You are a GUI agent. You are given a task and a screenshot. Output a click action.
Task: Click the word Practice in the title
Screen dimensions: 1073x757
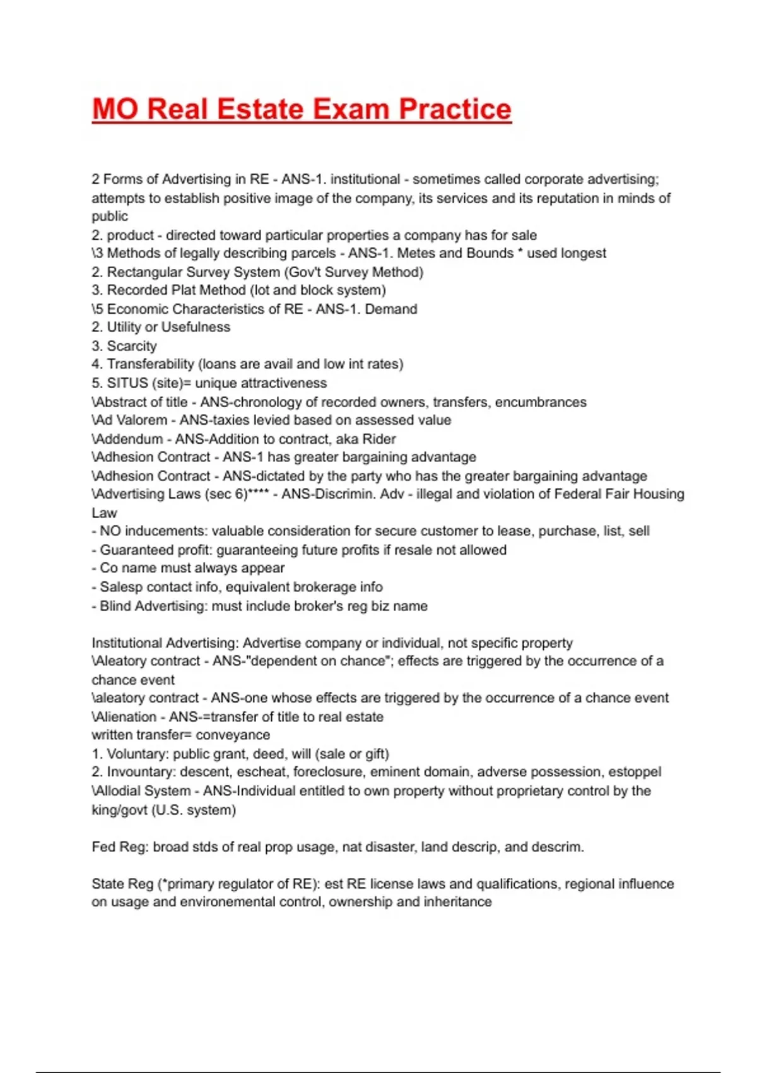point(455,109)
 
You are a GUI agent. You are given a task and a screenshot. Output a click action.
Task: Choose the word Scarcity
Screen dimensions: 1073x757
point(132,346)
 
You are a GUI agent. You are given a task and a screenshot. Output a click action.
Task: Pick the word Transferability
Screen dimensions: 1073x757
point(150,364)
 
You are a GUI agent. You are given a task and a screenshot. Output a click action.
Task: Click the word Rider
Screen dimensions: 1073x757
point(379,439)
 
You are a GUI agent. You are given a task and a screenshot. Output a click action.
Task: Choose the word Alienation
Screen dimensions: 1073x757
point(126,717)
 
